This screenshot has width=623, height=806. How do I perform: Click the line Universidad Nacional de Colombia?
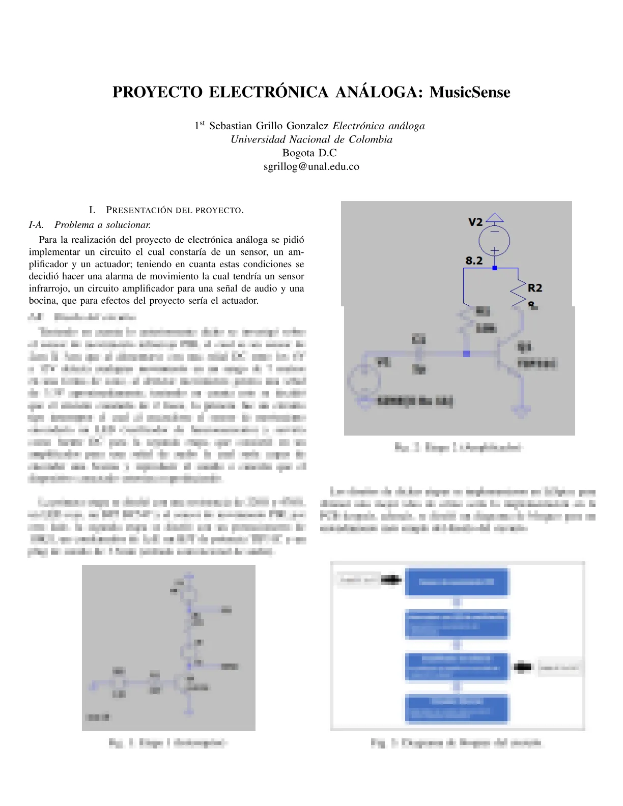point(311,139)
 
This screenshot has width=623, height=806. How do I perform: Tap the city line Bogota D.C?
point(309,153)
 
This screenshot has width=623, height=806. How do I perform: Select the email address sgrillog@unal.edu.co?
point(311,166)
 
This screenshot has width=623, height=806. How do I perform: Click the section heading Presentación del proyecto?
point(174,210)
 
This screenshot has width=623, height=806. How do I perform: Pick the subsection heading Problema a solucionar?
point(102,224)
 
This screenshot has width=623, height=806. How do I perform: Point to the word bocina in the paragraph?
point(43,301)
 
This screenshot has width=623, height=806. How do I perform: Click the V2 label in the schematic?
point(475,222)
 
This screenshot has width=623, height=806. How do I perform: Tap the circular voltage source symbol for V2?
point(494,241)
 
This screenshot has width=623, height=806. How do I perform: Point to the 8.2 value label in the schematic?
point(474,261)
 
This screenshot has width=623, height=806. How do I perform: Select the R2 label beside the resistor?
point(535,288)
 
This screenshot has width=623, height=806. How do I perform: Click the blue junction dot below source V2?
point(494,268)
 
